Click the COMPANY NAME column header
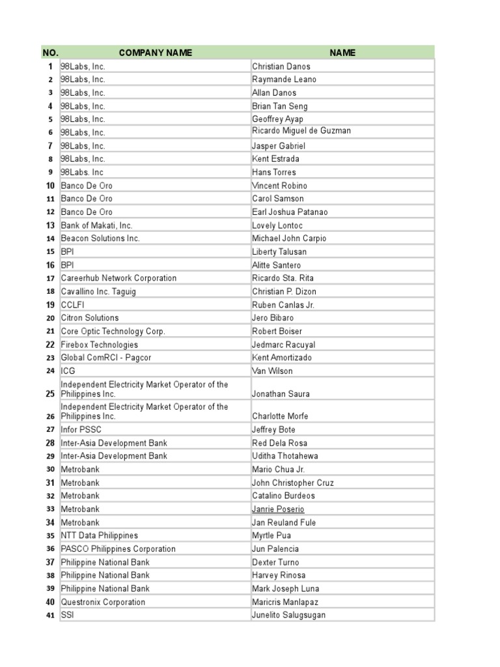point(155,53)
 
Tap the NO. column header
point(50,53)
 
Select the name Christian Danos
point(281,66)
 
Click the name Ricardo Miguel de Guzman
point(301,131)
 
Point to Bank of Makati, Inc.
point(96,225)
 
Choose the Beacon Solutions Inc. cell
point(100,238)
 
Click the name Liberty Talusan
point(279,252)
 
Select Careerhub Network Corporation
point(118,278)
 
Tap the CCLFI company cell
point(73,305)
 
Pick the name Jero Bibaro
point(273,318)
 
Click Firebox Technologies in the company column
point(100,345)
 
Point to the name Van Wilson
point(272,371)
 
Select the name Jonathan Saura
point(281,394)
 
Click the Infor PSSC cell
point(81,430)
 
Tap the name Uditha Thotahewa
point(285,456)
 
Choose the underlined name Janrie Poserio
point(278,509)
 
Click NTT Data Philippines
point(100,535)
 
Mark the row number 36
point(50,549)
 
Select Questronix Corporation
point(103,603)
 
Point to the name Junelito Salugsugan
point(289,616)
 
